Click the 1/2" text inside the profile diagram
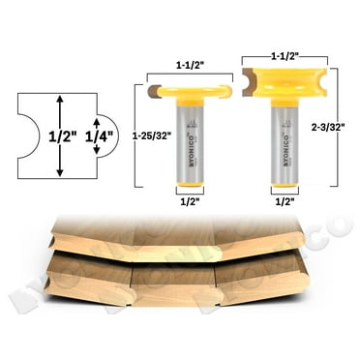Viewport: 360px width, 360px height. (x=60, y=136)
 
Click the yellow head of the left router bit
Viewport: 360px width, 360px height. (x=192, y=91)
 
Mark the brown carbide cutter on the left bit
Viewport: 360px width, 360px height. (x=155, y=91)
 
